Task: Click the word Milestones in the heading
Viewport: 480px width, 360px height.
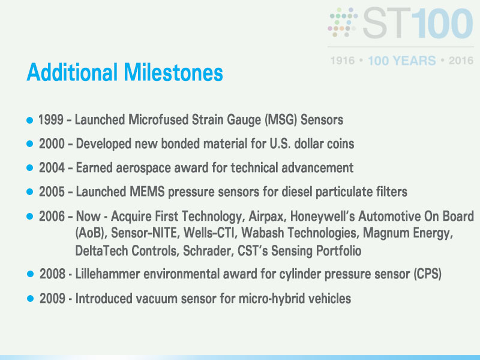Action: [173, 72]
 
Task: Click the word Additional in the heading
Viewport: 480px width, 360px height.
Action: [72, 72]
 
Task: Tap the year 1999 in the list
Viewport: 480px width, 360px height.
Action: [51, 119]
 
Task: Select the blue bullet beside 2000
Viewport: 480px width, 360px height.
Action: [29, 143]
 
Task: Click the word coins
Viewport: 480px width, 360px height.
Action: [340, 144]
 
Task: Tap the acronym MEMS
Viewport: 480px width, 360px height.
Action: [147, 192]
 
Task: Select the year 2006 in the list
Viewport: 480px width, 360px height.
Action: [52, 217]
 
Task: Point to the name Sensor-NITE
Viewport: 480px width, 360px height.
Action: [145, 233]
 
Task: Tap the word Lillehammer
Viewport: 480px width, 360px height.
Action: [108, 274]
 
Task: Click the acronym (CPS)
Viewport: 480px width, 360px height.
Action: [427, 274]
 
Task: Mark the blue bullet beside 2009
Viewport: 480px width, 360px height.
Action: [30, 298]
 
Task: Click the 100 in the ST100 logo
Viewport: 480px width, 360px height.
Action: [443, 23]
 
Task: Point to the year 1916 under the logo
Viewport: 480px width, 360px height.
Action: [343, 61]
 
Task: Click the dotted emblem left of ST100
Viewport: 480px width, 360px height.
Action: [343, 22]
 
